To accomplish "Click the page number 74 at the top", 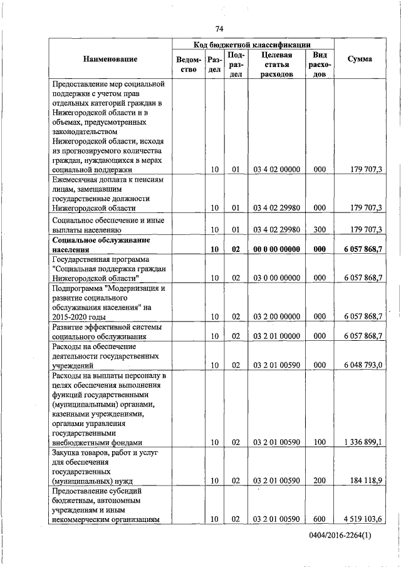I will click(x=219, y=29).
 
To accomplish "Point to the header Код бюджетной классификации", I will click(x=254, y=44).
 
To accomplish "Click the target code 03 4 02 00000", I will click(x=276, y=169).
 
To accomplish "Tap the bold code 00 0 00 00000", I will click(x=276, y=249).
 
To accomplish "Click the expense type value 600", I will click(x=320, y=519).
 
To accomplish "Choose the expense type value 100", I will click(x=320, y=442).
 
